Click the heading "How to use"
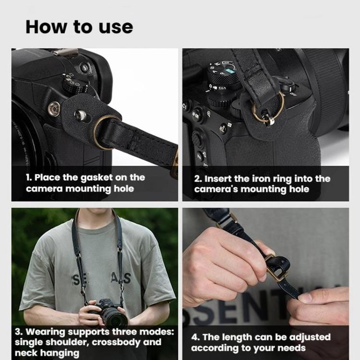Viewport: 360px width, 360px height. point(79,27)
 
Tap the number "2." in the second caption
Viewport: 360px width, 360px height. point(198,179)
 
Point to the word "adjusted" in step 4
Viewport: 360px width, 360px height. point(307,337)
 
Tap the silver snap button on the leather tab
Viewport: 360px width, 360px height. point(82,115)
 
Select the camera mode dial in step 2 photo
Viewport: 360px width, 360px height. point(223,77)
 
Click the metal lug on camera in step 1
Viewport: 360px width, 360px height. point(54,108)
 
